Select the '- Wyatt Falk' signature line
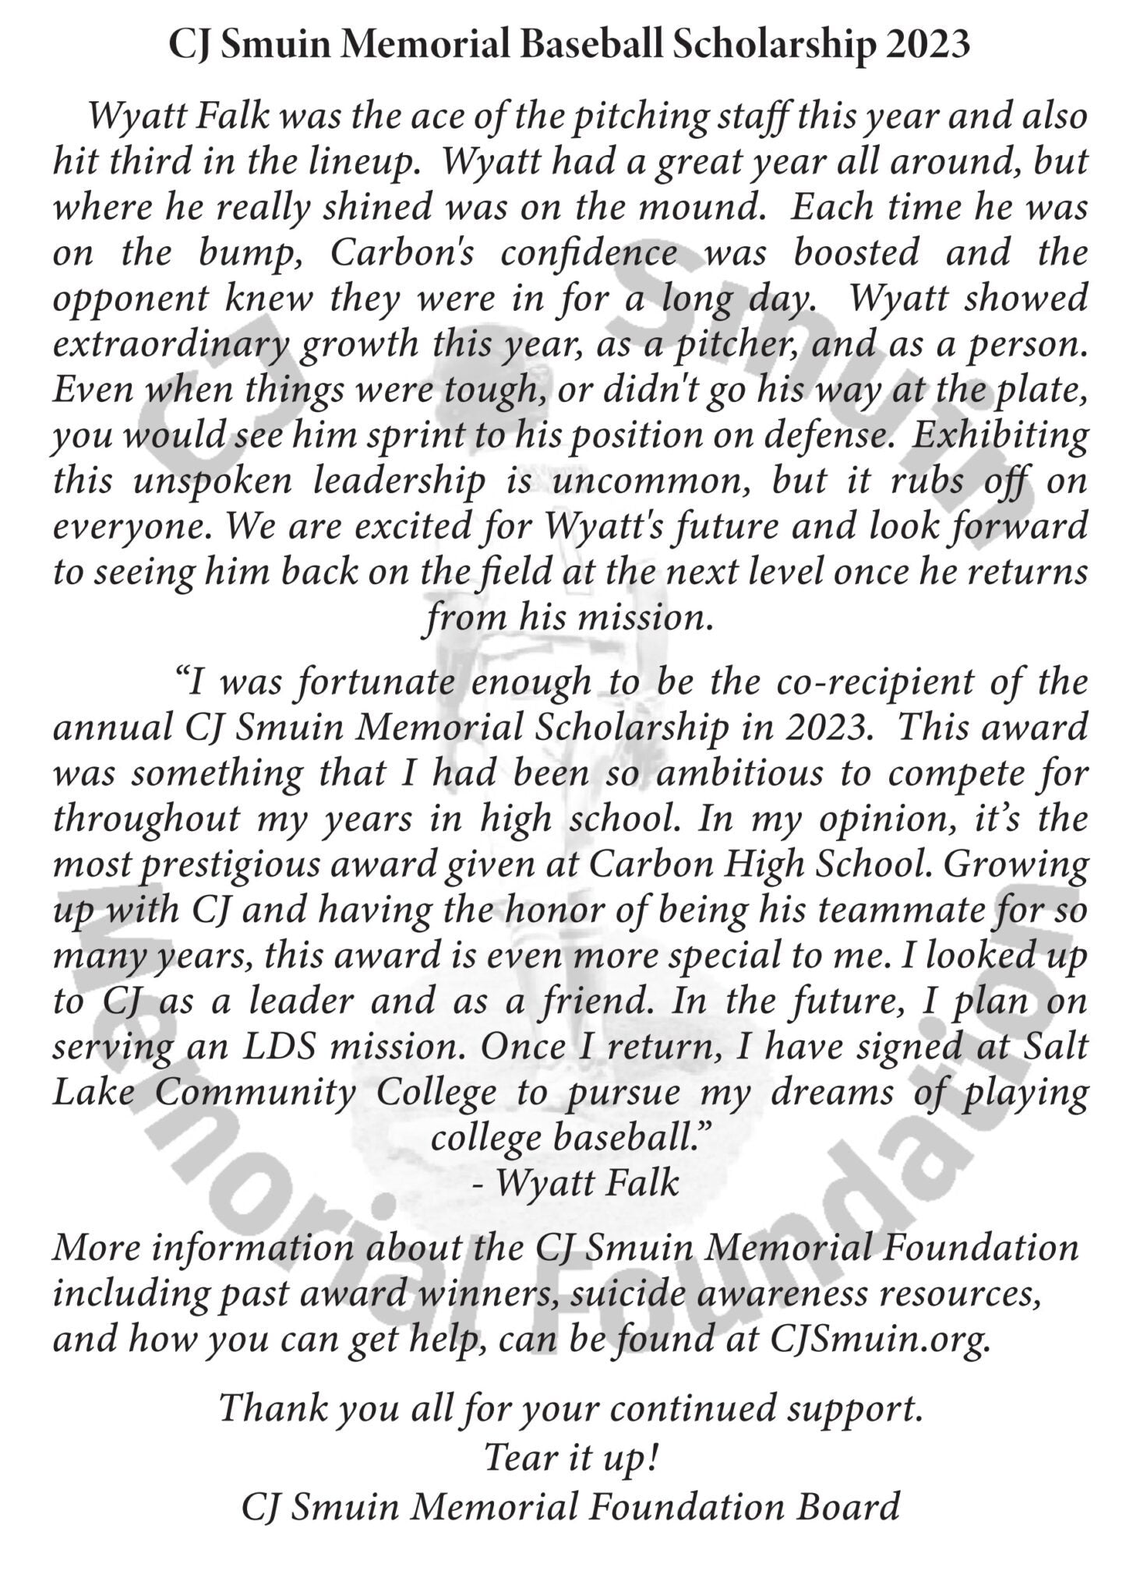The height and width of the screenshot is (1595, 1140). coord(576,1184)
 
